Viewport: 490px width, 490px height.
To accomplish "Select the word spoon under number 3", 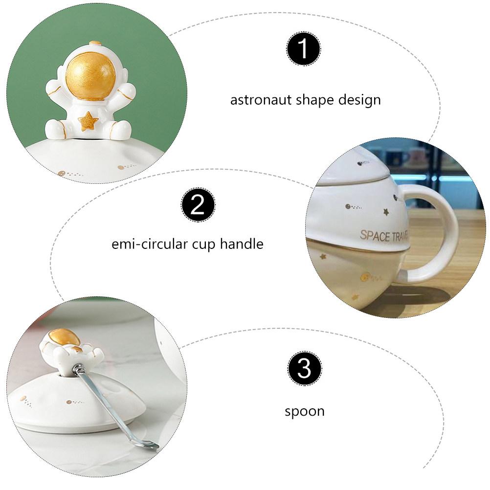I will [304, 411].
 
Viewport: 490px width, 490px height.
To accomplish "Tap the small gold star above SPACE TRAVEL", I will [386, 212].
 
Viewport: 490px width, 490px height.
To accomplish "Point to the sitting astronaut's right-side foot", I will [119, 130].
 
